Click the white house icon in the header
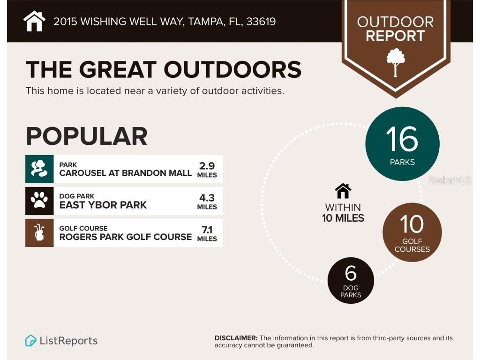tap(34, 21)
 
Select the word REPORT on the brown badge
tap(395, 36)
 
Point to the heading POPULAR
tap(86, 136)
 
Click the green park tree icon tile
tap(39, 169)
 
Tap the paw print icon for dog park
tap(39, 201)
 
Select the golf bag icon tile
tap(39, 232)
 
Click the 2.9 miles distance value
tap(207, 169)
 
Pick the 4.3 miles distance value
tap(207, 201)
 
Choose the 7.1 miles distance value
tap(207, 233)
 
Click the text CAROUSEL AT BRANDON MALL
tap(125, 173)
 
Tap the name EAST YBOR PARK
tap(103, 205)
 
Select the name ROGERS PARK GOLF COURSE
tap(125, 237)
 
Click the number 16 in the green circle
tap(402, 139)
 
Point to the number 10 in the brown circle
tap(412, 225)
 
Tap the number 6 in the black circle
tap(350, 273)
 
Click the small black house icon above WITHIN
tap(343, 191)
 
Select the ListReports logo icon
tap(31, 341)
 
